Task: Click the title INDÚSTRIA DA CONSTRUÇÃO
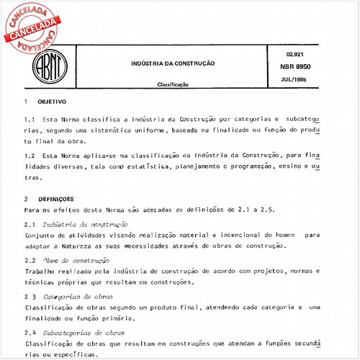coord(172,63)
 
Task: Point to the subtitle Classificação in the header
coord(172,84)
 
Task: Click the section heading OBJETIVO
coord(52,102)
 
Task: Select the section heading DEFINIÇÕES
coord(55,198)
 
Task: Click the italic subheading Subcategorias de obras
coord(86,333)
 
